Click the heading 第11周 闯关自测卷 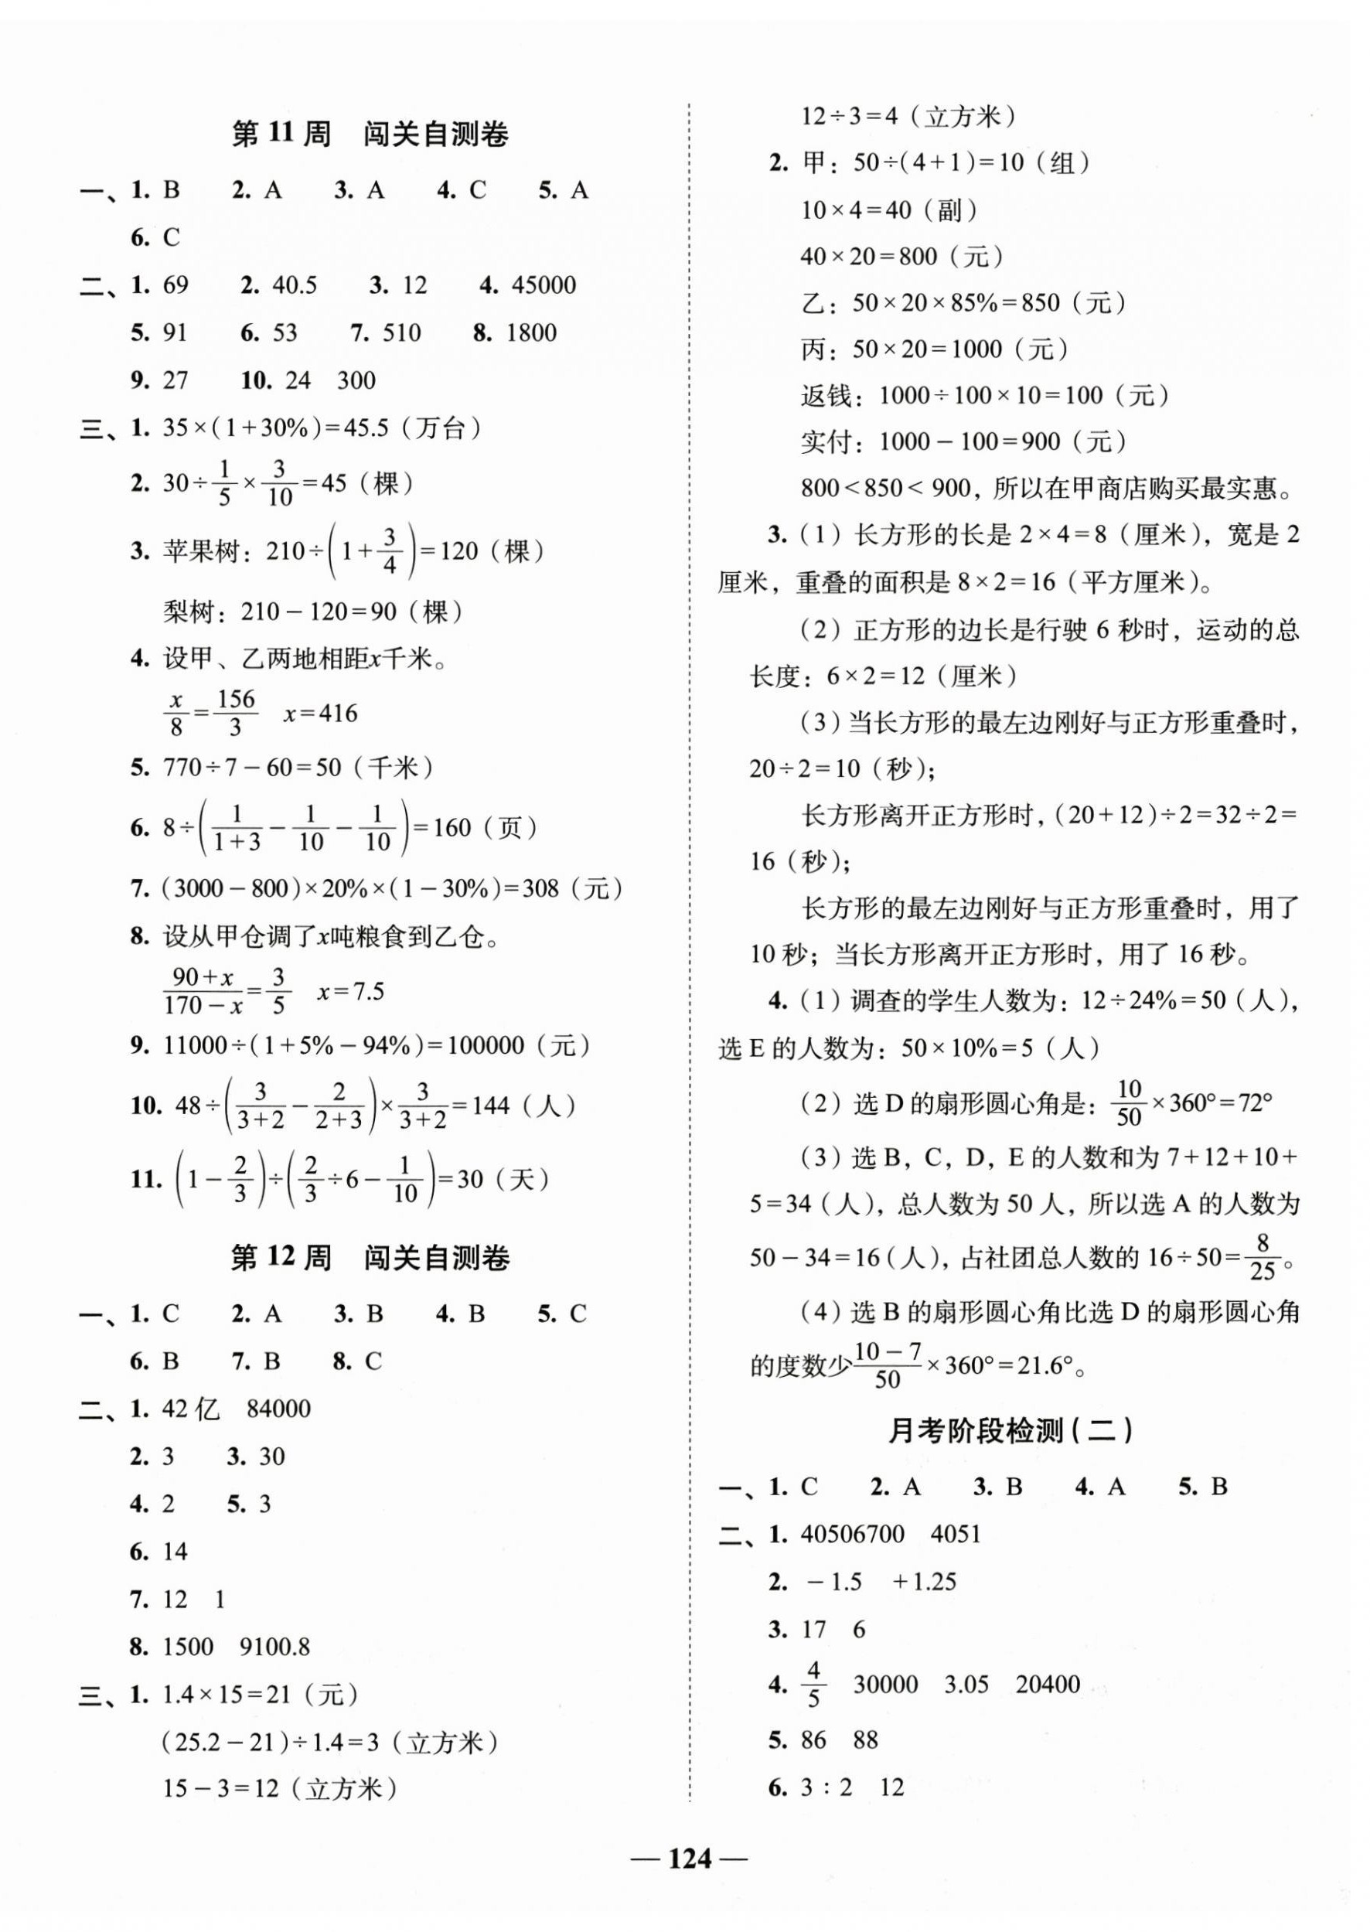click(x=370, y=135)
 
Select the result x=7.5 click(x=351, y=991)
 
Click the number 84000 click(x=278, y=1409)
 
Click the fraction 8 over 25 click(x=1262, y=1256)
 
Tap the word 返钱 click(x=826, y=396)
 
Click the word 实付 click(x=826, y=441)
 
